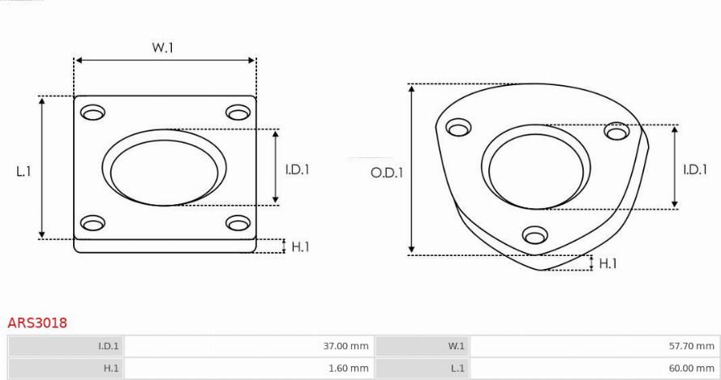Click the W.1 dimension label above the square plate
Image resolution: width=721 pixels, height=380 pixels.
click(163, 47)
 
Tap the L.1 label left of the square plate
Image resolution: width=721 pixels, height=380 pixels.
click(24, 172)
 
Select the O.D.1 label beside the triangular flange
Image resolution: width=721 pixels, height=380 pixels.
click(387, 173)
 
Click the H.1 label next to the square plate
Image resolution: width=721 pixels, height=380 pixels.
click(300, 247)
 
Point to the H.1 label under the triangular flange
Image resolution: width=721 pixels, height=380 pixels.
click(607, 263)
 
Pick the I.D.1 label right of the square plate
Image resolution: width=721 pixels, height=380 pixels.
click(297, 169)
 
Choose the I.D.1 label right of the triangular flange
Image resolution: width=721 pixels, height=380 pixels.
click(695, 169)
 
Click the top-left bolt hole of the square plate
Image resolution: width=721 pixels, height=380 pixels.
click(93, 112)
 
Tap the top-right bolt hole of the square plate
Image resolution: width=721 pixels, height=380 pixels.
click(238, 112)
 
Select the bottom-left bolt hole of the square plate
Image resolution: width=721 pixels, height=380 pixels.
click(93, 223)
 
